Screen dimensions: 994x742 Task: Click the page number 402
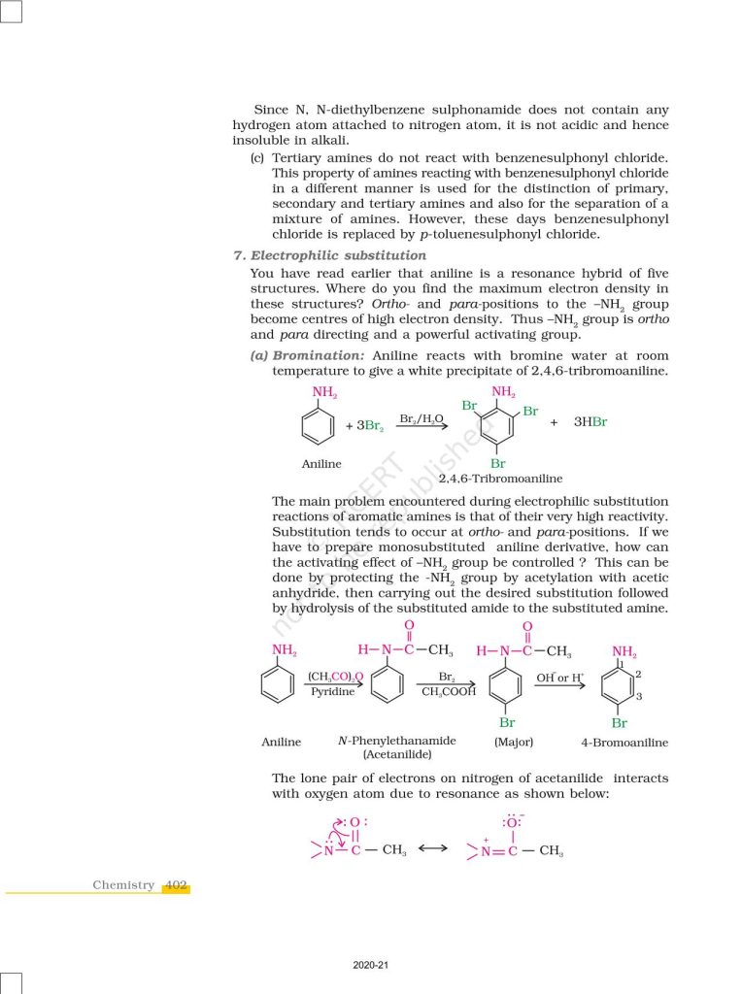coord(176,884)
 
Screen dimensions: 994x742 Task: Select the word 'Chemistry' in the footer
coord(123,884)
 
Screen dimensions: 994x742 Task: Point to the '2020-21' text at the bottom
coord(370,965)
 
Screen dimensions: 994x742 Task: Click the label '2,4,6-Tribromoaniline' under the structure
coord(500,479)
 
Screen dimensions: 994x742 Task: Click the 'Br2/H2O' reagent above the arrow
coord(422,418)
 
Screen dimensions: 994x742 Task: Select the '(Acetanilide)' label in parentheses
coord(396,754)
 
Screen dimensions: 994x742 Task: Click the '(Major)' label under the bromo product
coord(513,742)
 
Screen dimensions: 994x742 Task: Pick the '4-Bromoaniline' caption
coord(624,743)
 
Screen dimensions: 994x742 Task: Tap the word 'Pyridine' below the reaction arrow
coord(332,692)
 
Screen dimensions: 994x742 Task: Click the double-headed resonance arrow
coord(432,849)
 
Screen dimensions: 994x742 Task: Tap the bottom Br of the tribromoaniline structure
coord(498,463)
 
